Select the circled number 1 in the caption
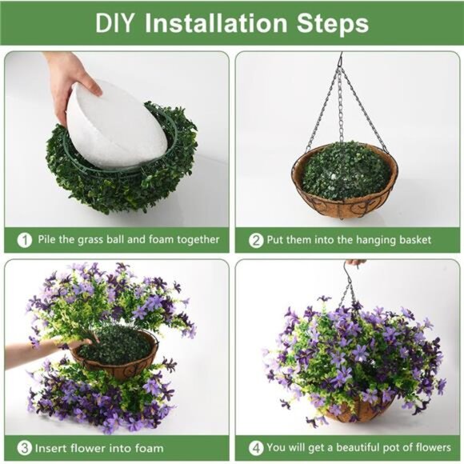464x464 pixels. (x=26, y=239)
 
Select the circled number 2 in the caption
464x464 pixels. (x=256, y=239)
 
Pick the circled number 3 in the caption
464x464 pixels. (x=26, y=447)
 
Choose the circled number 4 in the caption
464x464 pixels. (x=256, y=447)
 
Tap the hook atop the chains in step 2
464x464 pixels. (x=340, y=60)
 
